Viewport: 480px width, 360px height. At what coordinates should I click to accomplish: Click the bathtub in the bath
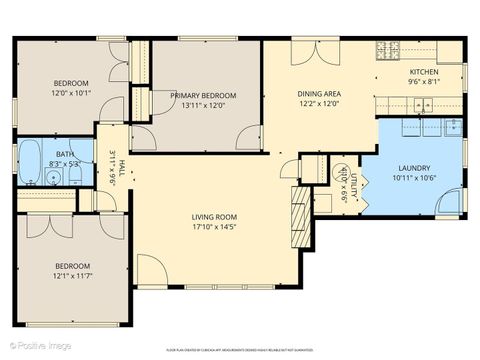[x=30, y=160]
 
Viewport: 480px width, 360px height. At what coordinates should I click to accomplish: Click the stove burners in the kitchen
[x=388, y=50]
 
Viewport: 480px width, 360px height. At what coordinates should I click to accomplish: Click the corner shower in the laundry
[x=450, y=203]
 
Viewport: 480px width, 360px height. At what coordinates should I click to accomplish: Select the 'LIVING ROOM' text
[x=214, y=217]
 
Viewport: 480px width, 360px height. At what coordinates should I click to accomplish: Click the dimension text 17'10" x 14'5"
[x=214, y=227]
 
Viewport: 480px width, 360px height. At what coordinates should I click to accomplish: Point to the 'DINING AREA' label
[x=318, y=94]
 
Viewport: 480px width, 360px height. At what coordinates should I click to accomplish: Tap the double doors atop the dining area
[x=309, y=51]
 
